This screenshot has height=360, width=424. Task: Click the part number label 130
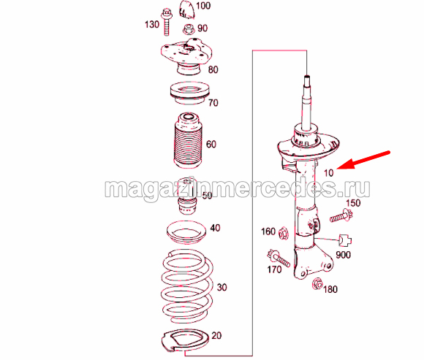tap(152, 25)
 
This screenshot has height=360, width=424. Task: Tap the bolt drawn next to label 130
tap(166, 22)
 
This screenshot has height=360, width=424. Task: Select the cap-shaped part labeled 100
tap(186, 10)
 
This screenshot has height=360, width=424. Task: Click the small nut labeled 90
tap(189, 29)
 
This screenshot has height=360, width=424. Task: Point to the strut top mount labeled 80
tap(186, 56)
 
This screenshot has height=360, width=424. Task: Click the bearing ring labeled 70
tap(189, 93)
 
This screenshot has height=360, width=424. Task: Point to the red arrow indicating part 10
tap(363, 160)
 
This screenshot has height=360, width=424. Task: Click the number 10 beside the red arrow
tap(328, 173)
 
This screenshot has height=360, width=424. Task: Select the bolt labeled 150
tap(341, 215)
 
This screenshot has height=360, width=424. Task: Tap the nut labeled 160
tap(283, 233)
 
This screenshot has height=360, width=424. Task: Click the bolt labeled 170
tap(279, 258)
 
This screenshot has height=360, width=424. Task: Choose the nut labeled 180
tap(317, 284)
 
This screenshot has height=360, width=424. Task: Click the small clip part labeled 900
tap(345, 240)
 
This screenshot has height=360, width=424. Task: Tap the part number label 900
tap(343, 255)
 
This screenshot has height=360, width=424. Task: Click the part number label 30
tap(222, 288)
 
